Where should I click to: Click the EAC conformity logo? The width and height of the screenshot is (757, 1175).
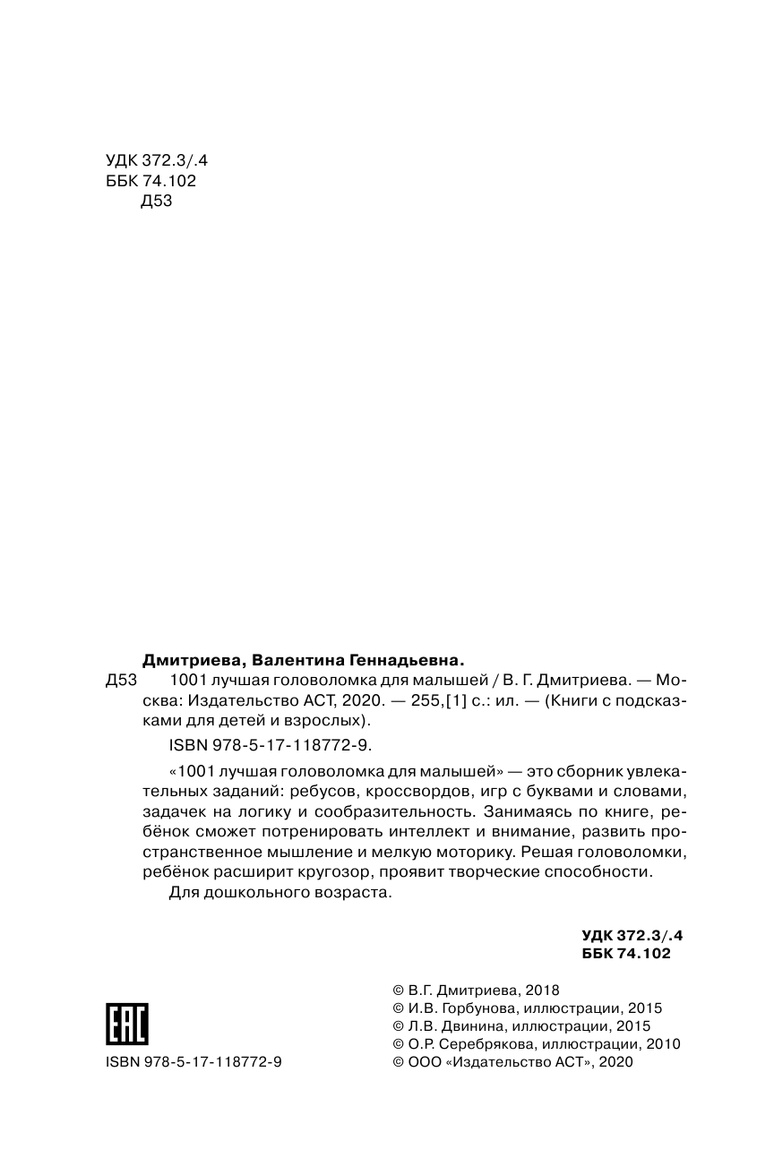pyautogui.click(x=127, y=1023)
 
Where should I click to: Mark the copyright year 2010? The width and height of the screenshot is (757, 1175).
pyautogui.click(x=664, y=1043)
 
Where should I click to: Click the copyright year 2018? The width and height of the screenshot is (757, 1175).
pyautogui.click(x=541, y=990)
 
